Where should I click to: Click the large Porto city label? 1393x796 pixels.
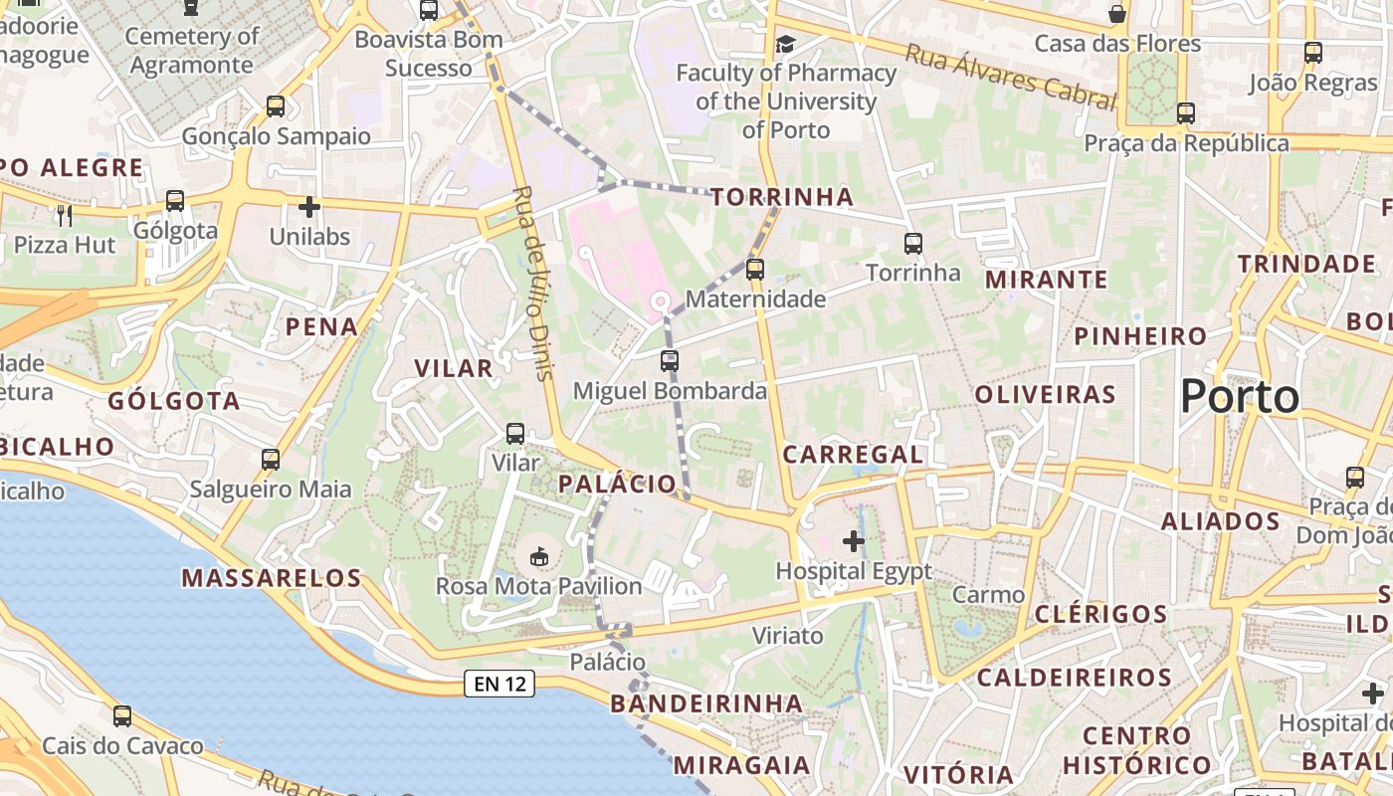(1240, 397)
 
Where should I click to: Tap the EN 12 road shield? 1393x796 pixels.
(499, 684)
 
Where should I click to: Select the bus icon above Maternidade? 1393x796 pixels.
(755, 269)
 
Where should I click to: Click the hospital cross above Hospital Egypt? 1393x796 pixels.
(853, 541)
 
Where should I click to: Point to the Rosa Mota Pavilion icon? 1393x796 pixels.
(539, 555)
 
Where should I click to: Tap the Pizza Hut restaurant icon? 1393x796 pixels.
(65, 214)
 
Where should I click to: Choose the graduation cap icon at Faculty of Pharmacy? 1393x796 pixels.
(786, 44)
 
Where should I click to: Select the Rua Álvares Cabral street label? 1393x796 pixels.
(1011, 76)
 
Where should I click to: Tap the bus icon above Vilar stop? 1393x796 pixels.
(515, 434)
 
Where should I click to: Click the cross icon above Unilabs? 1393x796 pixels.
(309, 207)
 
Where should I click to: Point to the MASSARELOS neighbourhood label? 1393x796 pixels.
(272, 578)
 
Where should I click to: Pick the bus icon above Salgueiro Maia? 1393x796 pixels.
(271, 460)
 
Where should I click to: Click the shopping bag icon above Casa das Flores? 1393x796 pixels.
(1118, 14)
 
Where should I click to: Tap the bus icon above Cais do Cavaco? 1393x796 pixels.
(122, 715)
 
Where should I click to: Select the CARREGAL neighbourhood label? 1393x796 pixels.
(853, 455)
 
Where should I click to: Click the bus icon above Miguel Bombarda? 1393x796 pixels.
(670, 360)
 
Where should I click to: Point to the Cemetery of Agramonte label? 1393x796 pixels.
(192, 51)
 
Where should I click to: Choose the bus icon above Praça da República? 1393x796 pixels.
(1185, 113)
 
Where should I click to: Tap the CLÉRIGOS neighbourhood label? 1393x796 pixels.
(1100, 614)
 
